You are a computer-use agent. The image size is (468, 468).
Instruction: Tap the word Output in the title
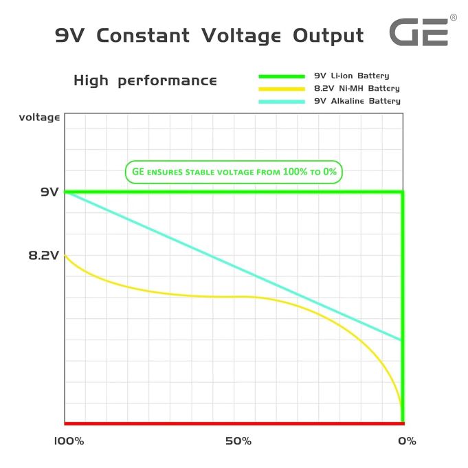click(328, 35)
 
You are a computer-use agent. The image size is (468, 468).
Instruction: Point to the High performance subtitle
click(145, 80)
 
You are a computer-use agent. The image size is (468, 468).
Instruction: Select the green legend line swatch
click(280, 76)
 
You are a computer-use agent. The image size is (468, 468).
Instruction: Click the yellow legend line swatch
click(280, 89)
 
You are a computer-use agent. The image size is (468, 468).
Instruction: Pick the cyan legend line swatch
click(280, 102)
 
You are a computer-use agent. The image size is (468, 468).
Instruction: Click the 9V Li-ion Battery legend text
click(351, 76)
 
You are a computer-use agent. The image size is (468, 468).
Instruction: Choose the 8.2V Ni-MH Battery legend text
click(356, 89)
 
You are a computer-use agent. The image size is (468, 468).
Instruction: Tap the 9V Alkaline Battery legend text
click(357, 101)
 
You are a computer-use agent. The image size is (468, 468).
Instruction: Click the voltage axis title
click(40, 118)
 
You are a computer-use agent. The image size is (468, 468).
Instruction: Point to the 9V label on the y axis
click(49, 192)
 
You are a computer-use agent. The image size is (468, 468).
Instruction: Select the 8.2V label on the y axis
click(44, 255)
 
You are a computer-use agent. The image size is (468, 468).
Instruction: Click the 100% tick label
click(68, 441)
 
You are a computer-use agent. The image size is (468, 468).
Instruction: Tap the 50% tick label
click(238, 441)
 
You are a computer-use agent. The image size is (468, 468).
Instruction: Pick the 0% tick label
click(407, 441)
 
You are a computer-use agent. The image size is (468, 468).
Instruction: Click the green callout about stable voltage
click(233, 172)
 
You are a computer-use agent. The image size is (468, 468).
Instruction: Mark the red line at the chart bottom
click(234, 423)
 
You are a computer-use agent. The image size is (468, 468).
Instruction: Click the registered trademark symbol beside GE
click(453, 17)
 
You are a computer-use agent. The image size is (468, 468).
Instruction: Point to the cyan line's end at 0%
click(401, 339)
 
